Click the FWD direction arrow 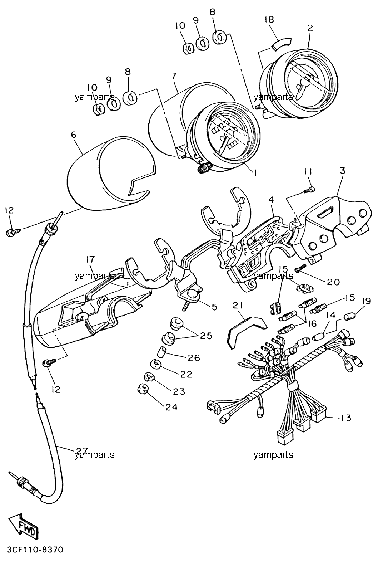click(24, 525)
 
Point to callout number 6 click(74, 135)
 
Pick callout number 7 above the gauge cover click(174, 75)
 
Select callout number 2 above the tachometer click(310, 28)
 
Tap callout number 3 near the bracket click(342, 171)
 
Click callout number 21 click(238, 305)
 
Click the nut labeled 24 click(142, 389)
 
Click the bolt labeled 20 click(300, 268)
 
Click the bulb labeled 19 click(350, 318)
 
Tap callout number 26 click(194, 358)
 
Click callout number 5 click(214, 307)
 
